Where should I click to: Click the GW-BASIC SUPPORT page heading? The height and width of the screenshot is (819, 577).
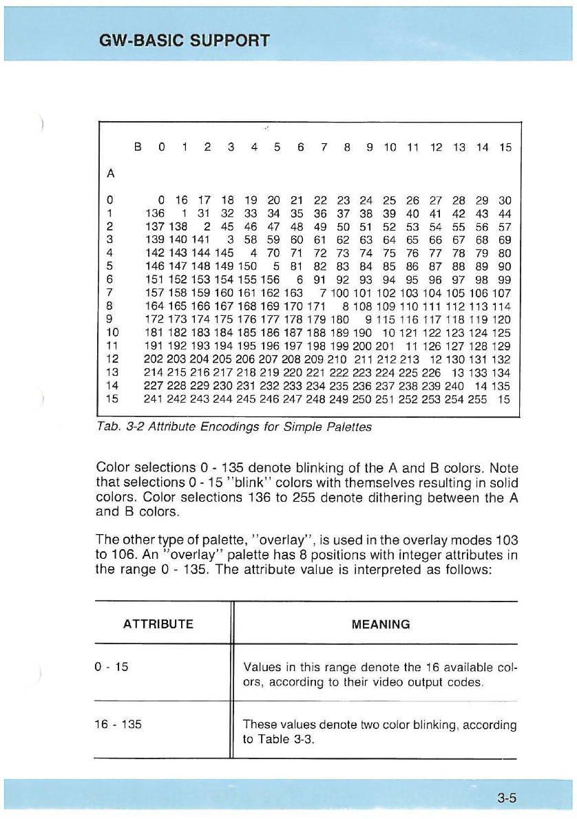(184, 39)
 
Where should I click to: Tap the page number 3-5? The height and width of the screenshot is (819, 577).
(506, 798)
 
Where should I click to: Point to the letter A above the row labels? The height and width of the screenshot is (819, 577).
(110, 173)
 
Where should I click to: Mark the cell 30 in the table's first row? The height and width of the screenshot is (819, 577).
(505, 200)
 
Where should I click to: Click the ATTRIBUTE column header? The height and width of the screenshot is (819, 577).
(158, 624)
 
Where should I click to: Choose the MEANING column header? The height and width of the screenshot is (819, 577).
(380, 624)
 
